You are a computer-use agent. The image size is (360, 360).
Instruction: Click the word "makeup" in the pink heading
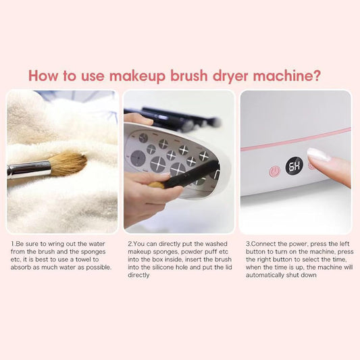[x=137, y=76]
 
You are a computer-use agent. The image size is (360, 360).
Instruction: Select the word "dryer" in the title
[x=230, y=76]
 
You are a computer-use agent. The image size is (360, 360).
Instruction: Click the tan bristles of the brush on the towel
[x=68, y=163]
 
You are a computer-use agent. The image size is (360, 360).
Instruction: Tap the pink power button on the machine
[x=275, y=172]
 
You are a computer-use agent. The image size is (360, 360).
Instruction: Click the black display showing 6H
[x=294, y=166]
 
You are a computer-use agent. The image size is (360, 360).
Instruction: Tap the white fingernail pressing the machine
[x=319, y=154]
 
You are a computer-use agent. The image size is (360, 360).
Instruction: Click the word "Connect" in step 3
[x=263, y=244]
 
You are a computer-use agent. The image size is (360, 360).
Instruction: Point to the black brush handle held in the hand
[x=190, y=173]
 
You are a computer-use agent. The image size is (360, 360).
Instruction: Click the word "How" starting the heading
[x=43, y=76]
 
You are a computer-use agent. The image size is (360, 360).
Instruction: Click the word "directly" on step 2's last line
[x=138, y=276]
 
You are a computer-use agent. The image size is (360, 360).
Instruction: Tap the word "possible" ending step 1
[x=99, y=267]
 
